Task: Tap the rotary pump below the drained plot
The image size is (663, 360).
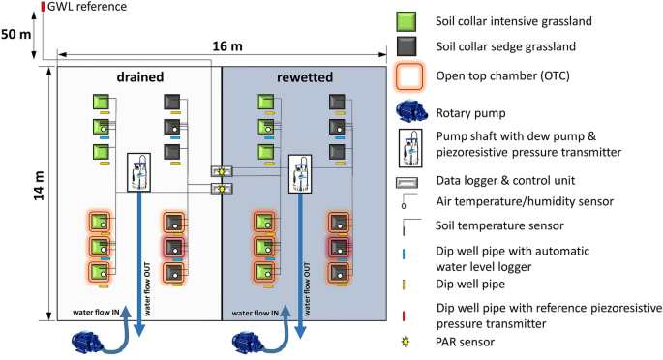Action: [95, 340]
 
